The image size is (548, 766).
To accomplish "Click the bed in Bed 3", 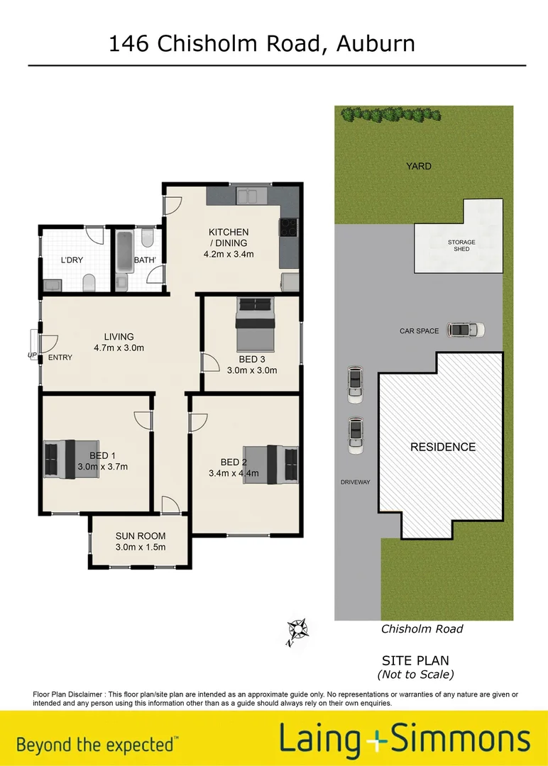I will point(256,313).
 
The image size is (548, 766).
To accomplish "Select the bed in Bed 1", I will point(60,459).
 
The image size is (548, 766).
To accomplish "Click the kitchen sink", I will point(251,195).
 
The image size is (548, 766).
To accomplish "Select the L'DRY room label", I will point(72,260).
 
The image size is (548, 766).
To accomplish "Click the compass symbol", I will point(297,629).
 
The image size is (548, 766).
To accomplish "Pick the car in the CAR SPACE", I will point(466,330).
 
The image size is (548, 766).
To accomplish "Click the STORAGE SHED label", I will point(461,245).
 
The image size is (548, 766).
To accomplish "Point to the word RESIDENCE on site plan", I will point(443,447).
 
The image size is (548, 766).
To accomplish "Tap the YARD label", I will point(419,166).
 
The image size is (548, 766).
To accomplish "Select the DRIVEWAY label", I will point(356,482).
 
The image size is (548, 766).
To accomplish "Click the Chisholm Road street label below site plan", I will point(422,628).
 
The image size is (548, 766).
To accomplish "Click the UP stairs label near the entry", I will point(32,355).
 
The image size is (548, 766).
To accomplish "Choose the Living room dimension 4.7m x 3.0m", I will point(119,348).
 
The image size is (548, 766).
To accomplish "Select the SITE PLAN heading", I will point(415,661).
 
